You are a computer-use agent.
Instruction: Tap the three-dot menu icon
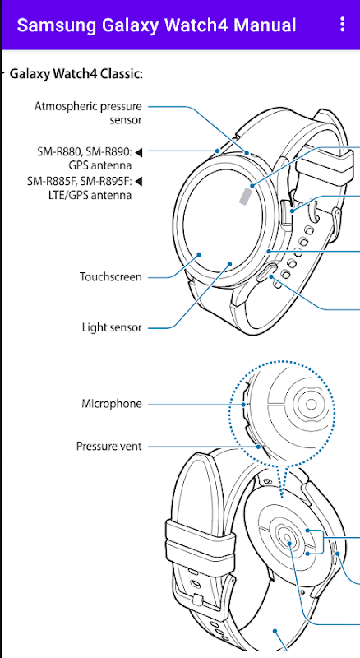343,25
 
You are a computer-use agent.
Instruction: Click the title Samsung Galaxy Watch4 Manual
156,25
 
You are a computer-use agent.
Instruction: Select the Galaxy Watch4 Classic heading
76,74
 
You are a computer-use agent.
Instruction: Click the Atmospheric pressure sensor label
88,113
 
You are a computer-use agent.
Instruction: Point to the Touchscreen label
111,277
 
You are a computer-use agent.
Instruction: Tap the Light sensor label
112,327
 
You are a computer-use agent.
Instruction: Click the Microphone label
112,404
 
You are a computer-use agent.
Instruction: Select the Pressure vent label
109,446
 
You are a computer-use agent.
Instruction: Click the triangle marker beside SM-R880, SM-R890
138,152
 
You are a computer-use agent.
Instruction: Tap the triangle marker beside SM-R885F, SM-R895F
138,181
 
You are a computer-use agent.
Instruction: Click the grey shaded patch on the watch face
246,196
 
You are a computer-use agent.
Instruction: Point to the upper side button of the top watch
287,212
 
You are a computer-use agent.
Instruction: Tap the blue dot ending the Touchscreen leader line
200,254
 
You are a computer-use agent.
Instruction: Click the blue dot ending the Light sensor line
229,263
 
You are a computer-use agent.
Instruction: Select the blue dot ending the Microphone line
244,405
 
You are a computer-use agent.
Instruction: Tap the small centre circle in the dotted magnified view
311,404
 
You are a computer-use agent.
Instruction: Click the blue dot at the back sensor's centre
290,544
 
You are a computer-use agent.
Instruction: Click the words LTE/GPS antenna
90,196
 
